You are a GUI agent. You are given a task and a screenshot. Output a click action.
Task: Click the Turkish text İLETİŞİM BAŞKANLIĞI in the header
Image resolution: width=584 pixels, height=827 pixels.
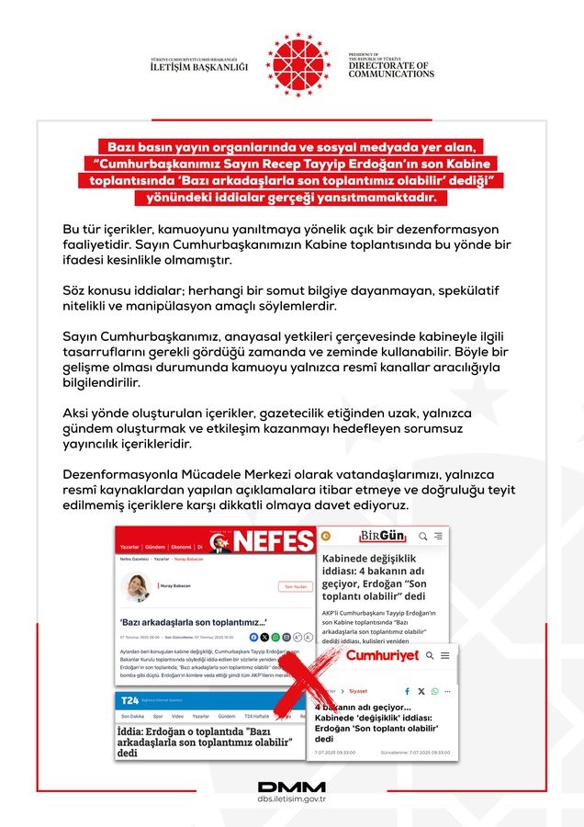(x=200, y=67)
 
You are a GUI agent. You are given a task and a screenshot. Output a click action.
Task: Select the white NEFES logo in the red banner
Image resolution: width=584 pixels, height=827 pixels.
(x=274, y=541)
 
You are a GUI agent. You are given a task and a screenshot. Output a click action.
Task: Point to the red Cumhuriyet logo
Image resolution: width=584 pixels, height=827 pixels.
(x=381, y=655)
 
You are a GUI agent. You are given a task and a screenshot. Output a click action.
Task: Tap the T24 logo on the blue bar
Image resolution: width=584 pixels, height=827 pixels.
(x=130, y=700)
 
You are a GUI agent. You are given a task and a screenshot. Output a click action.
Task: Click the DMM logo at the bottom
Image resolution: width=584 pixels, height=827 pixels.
(x=292, y=787)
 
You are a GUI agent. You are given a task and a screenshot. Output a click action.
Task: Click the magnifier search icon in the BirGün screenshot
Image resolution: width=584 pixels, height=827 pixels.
(x=423, y=536)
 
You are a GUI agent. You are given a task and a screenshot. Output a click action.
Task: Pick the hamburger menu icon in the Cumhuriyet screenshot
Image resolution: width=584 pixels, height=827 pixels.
(x=444, y=655)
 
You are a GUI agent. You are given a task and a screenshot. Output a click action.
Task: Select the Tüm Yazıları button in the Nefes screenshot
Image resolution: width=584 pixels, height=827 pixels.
(x=294, y=586)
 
